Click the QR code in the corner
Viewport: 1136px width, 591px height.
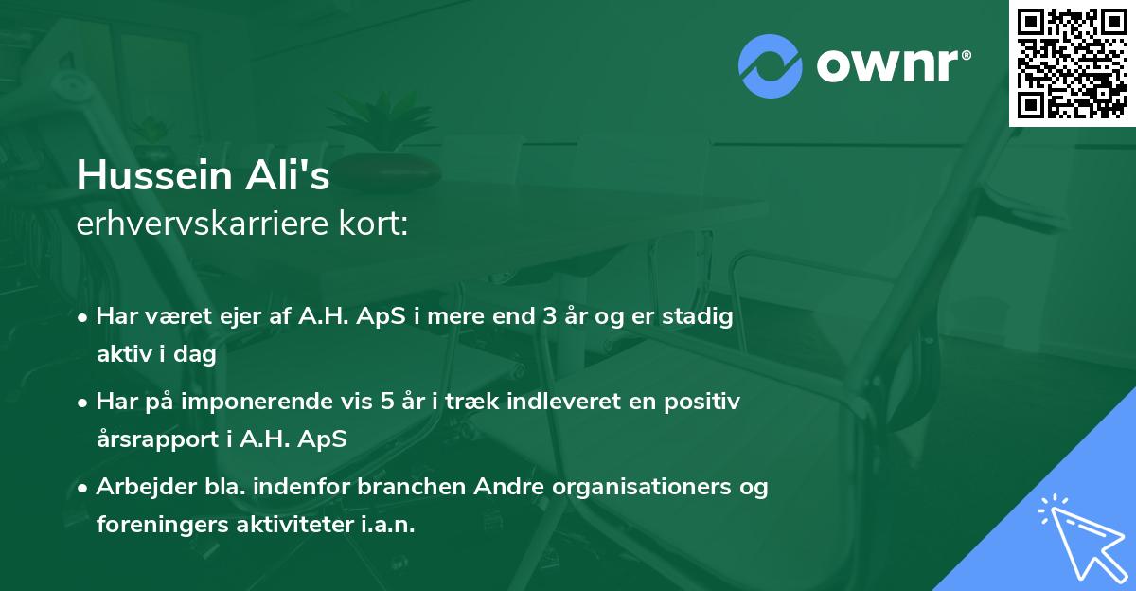coord(1072,63)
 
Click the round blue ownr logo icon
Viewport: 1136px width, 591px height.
coord(770,64)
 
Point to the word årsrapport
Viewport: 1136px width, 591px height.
coord(153,439)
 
